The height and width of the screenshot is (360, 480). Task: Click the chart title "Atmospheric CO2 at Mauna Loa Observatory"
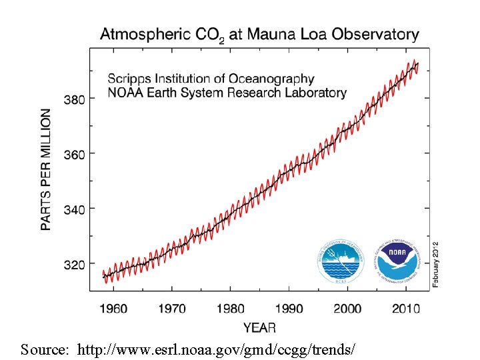point(259,34)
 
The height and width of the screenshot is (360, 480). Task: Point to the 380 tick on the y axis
point(74,99)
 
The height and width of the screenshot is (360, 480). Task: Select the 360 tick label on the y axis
point(74,154)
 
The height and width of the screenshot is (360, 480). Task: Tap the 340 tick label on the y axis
point(74,209)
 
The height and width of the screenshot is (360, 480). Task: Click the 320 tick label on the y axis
point(74,265)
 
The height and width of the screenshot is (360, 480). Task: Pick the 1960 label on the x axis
point(114,309)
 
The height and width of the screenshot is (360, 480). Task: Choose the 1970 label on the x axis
point(173,309)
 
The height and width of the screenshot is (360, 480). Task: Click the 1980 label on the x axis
point(231,309)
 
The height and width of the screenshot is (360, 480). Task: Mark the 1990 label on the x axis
point(289,309)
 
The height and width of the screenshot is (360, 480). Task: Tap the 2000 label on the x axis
point(348,309)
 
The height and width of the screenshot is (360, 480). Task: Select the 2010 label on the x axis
point(405,309)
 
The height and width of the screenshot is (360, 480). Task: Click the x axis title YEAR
point(259,327)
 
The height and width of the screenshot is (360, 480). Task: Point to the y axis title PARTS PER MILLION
point(46,170)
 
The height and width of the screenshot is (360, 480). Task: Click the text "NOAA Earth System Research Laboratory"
point(227,93)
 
